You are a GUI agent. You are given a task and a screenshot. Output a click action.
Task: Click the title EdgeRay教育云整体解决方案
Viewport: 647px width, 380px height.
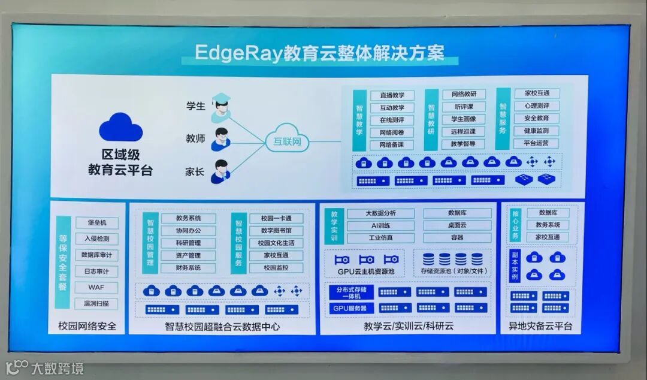click(x=321, y=53)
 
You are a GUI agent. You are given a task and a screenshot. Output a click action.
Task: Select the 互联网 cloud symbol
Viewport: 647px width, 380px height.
click(x=287, y=141)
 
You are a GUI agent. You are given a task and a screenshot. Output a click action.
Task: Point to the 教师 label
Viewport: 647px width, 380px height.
click(x=195, y=138)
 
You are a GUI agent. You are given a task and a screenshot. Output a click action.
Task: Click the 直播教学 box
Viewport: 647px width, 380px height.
click(x=392, y=95)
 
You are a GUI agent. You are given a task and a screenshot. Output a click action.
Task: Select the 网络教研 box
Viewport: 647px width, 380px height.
click(x=463, y=94)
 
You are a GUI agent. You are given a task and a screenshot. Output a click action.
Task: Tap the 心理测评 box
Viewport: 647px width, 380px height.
click(x=536, y=105)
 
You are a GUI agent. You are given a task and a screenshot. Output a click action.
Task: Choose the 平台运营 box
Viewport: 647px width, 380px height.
click(x=536, y=143)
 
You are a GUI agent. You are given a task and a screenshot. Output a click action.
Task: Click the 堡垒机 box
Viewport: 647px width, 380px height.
click(x=96, y=223)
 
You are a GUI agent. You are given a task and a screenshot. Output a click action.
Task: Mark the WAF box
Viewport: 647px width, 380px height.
click(x=96, y=287)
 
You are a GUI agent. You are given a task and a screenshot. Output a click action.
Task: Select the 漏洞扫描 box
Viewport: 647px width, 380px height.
click(x=96, y=303)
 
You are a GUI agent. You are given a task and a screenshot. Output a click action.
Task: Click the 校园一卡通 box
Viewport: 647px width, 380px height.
click(x=276, y=218)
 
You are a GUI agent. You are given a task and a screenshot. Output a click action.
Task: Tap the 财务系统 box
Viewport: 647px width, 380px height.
click(x=188, y=268)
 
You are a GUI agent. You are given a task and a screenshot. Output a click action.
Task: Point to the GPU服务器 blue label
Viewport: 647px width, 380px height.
click(x=351, y=308)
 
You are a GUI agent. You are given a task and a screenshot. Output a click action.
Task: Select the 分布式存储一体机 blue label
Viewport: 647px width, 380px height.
click(x=351, y=292)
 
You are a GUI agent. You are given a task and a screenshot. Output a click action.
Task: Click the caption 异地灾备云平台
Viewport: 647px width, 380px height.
click(x=540, y=327)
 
